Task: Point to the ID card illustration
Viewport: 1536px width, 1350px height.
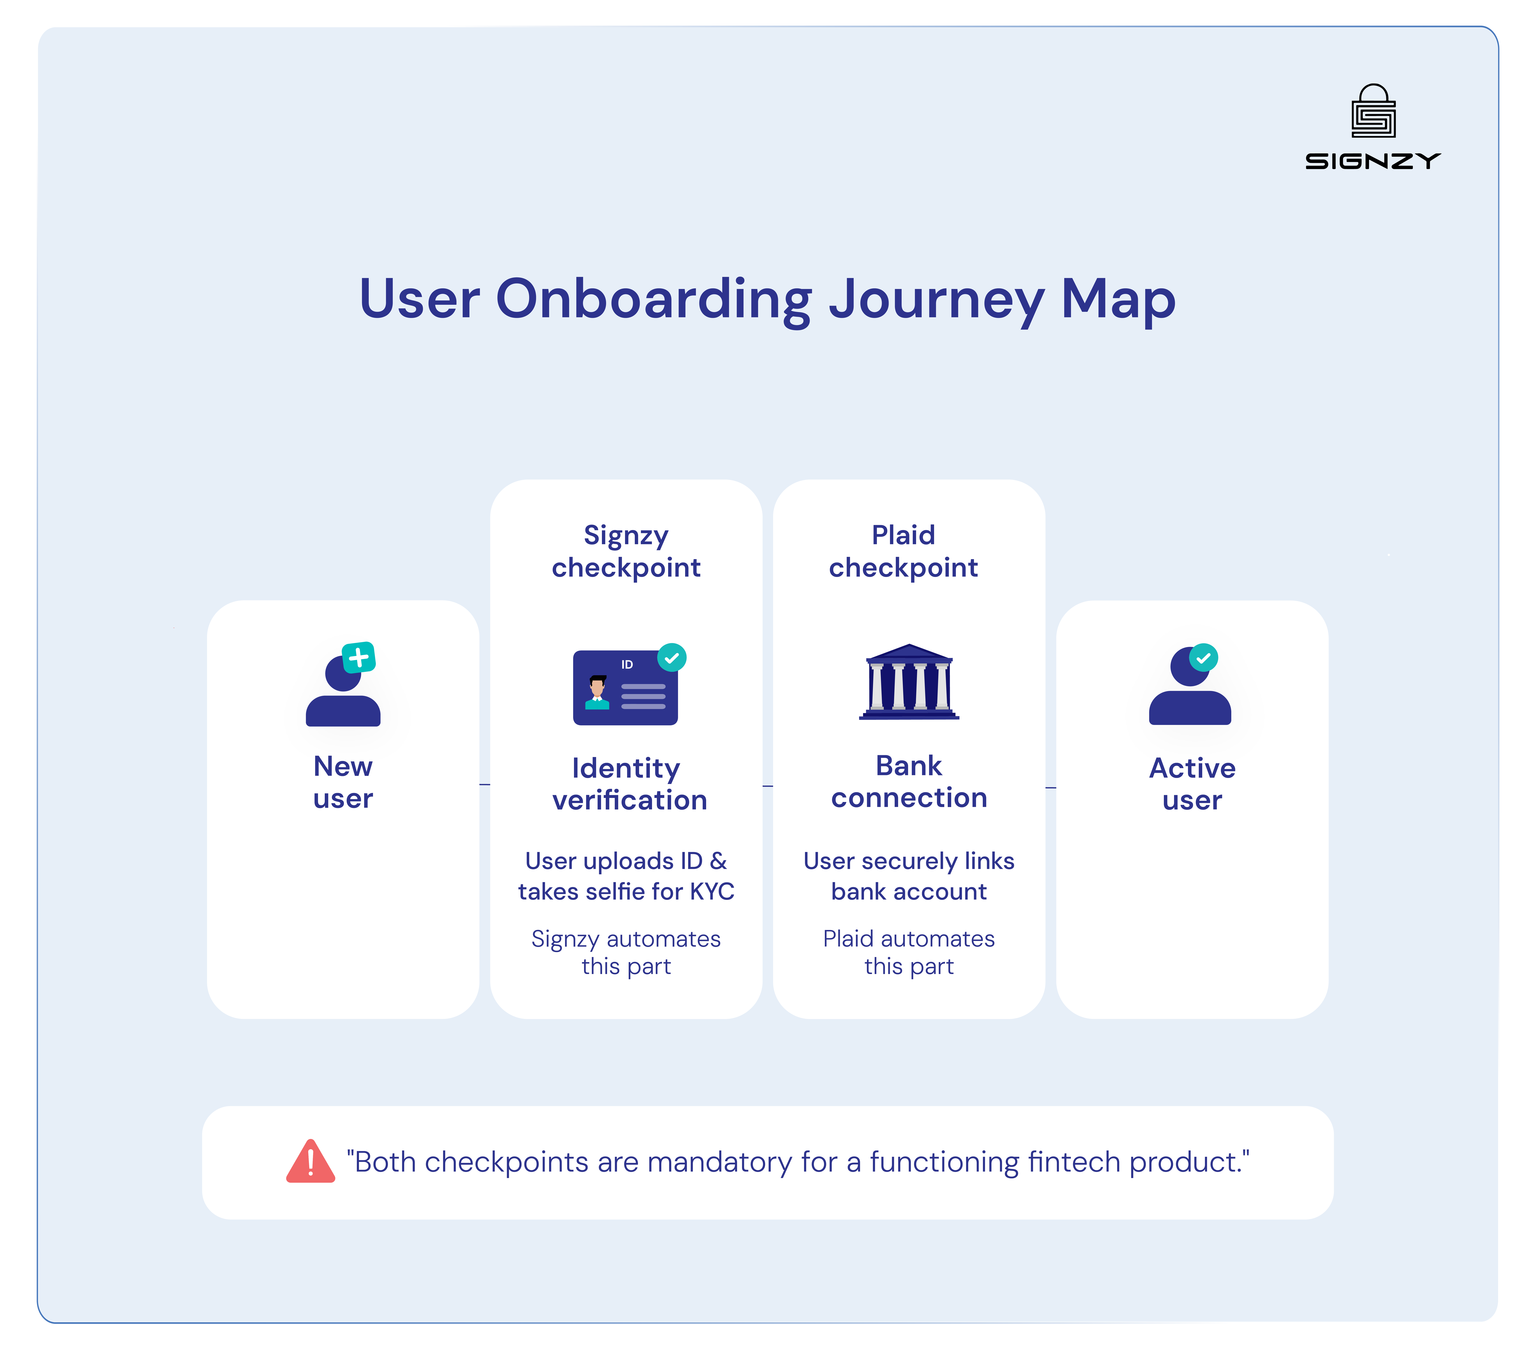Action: pos(625,687)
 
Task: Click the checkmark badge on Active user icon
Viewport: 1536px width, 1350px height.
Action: pos(1203,658)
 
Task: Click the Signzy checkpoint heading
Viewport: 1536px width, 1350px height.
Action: pos(626,551)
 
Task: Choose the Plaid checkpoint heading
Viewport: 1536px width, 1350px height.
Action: pos(903,551)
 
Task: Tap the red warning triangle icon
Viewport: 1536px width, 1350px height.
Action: pos(310,1161)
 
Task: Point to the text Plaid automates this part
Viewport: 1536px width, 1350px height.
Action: pos(908,952)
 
